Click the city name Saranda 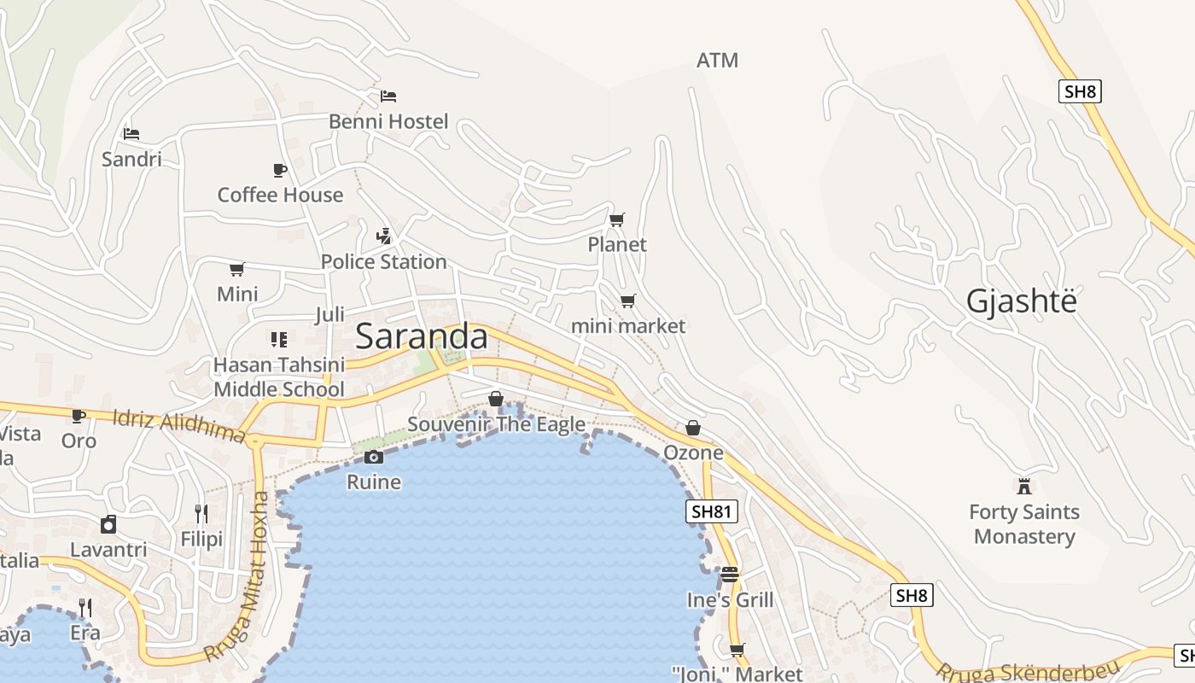(422, 336)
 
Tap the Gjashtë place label (1021, 301)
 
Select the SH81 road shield (711, 511)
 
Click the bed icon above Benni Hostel (388, 96)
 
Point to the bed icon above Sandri (131, 134)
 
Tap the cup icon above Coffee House (279, 170)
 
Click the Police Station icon (384, 236)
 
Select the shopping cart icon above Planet (617, 220)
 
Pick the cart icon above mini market (628, 301)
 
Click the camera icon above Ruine (373, 458)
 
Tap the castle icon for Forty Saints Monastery (1024, 487)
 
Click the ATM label (717, 61)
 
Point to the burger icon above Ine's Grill (729, 575)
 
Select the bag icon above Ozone (693, 428)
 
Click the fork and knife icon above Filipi (201, 513)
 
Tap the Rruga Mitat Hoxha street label (242, 577)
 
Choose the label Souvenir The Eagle (496, 424)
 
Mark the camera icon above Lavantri (108, 524)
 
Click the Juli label (329, 314)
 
